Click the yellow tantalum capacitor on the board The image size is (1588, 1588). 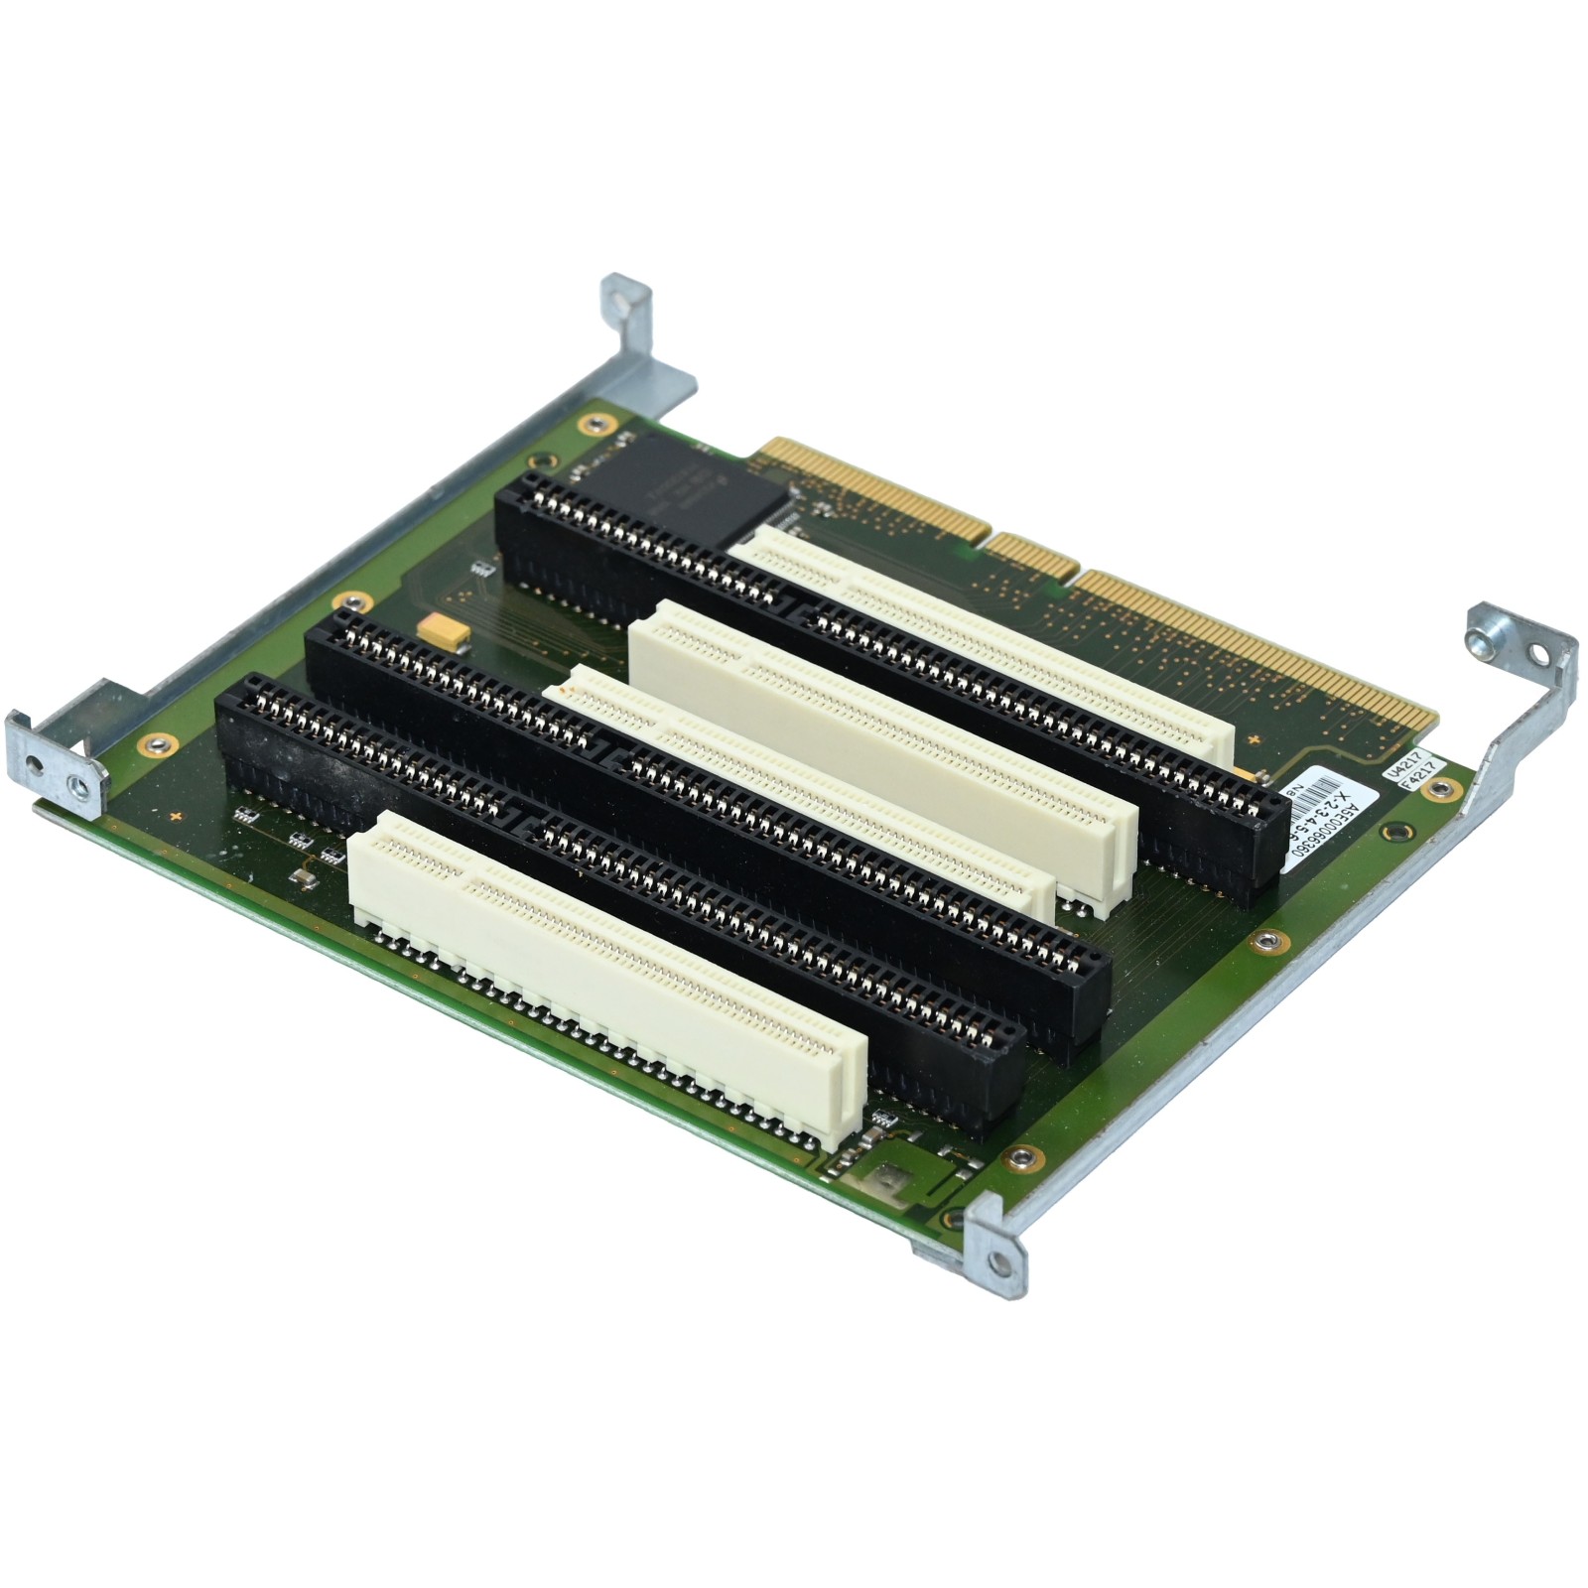tap(443, 630)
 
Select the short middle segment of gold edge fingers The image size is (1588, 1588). tap(1033, 557)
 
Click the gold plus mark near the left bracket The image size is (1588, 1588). tap(176, 816)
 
